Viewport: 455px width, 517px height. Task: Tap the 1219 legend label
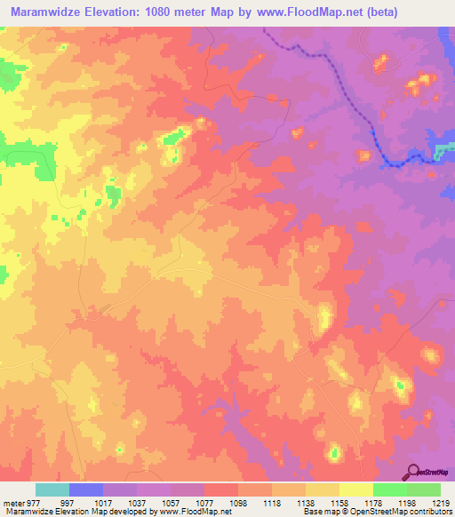pos(441,503)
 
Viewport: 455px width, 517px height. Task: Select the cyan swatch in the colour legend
pos(52,489)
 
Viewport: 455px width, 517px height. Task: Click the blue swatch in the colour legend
pos(86,489)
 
